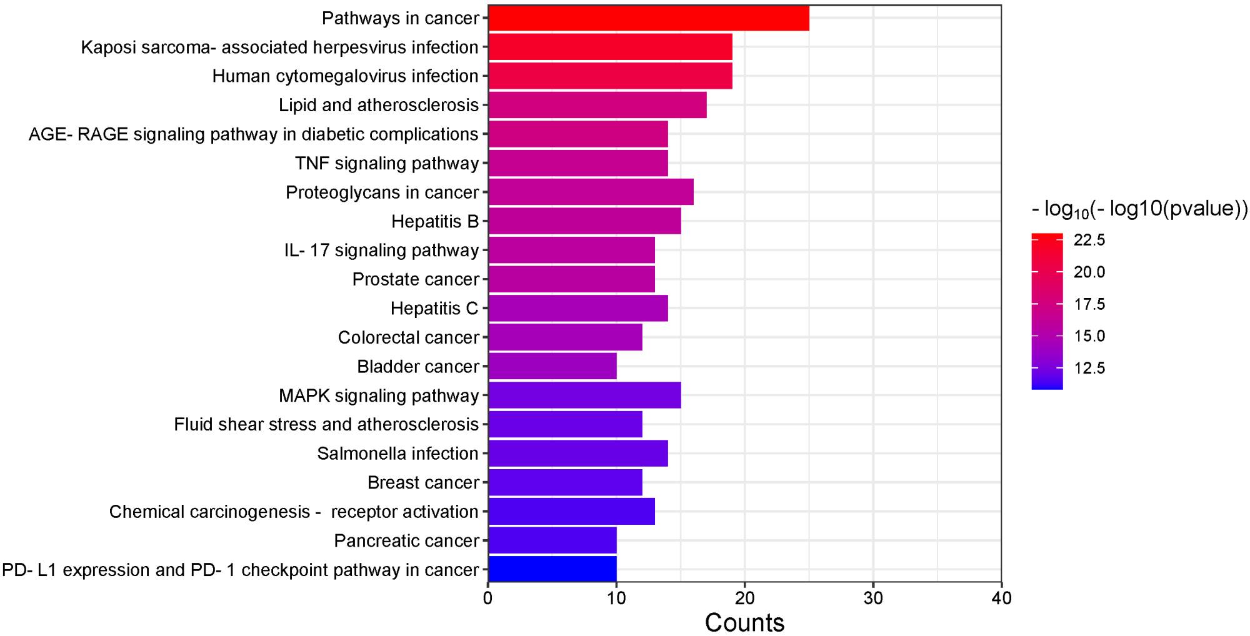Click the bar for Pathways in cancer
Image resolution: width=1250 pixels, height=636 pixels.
click(x=648, y=18)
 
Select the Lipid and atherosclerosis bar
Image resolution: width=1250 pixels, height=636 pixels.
click(x=597, y=105)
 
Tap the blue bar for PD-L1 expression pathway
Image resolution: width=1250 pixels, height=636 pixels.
click(x=552, y=569)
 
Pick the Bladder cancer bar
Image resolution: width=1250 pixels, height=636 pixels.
click(x=552, y=366)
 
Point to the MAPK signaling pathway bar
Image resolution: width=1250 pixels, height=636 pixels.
click(x=584, y=395)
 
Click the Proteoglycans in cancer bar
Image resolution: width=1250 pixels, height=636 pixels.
click(x=591, y=192)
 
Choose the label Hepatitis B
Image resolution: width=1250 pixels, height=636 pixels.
click(x=435, y=221)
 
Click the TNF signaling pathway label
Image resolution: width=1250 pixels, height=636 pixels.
click(x=387, y=163)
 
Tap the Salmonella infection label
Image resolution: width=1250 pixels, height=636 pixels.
click(x=397, y=453)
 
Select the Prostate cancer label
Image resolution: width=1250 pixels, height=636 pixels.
click(x=416, y=279)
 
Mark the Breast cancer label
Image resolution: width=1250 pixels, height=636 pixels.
click(x=423, y=482)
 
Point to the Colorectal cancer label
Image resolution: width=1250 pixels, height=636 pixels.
click(x=409, y=337)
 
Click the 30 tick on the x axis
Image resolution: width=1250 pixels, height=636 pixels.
click(x=873, y=599)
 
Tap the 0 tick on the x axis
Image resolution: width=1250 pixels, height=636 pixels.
click(x=488, y=599)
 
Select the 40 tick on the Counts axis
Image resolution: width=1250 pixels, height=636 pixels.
click(x=1001, y=599)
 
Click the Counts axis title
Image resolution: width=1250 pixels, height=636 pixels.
click(x=744, y=623)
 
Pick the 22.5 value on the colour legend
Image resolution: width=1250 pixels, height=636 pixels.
click(x=1089, y=240)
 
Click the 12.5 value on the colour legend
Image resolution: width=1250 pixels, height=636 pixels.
click(x=1089, y=368)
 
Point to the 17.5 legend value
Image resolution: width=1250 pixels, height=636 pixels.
click(x=1089, y=304)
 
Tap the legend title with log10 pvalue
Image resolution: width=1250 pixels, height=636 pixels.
click(x=1139, y=209)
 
